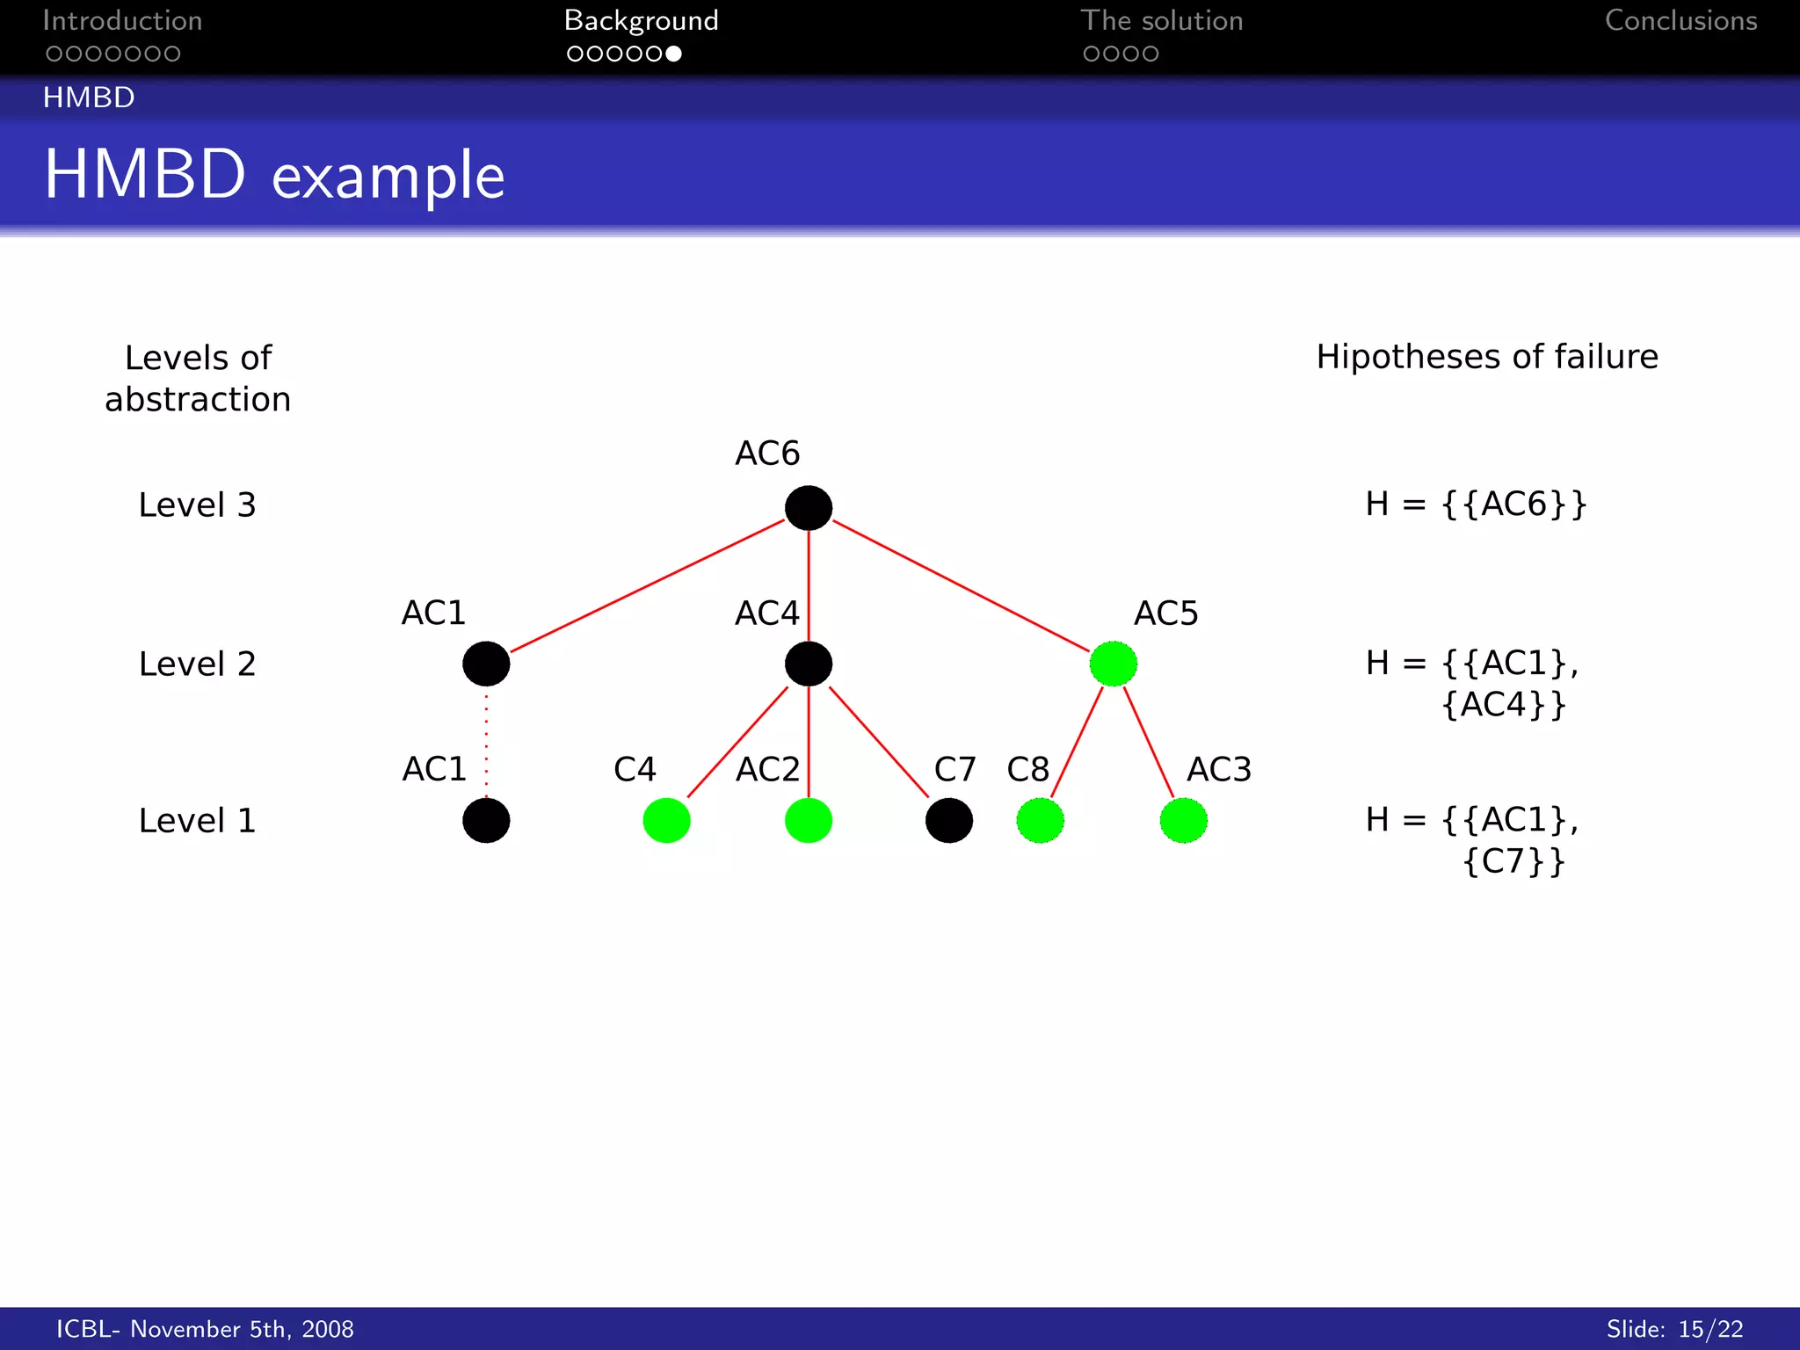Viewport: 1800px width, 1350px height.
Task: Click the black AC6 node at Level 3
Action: (809, 508)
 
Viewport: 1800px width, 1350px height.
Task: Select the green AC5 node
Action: (1113, 664)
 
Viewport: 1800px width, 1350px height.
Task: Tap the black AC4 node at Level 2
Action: (809, 664)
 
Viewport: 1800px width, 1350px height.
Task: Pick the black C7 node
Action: (949, 821)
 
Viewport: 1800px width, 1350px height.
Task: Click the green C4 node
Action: (666, 821)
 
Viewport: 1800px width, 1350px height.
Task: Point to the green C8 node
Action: (1040, 821)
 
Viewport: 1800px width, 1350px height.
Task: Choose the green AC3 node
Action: (1183, 821)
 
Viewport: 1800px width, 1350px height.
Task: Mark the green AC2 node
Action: (809, 821)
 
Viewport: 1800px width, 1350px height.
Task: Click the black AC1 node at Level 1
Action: (486, 821)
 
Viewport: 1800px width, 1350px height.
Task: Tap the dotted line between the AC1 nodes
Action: (486, 743)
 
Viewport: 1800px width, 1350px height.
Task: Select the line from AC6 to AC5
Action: (960, 585)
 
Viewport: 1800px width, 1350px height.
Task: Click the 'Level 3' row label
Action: (197, 505)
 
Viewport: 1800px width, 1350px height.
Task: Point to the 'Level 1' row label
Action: (197, 821)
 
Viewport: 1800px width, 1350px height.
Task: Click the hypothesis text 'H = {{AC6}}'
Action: (1476, 504)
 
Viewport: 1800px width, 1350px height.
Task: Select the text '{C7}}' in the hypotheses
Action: (1513, 861)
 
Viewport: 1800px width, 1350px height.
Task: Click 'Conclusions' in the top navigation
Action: (1680, 21)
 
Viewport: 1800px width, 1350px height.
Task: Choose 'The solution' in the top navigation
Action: (1161, 21)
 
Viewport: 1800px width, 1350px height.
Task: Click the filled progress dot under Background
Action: (673, 54)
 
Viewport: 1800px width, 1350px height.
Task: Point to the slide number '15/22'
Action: (1710, 1329)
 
